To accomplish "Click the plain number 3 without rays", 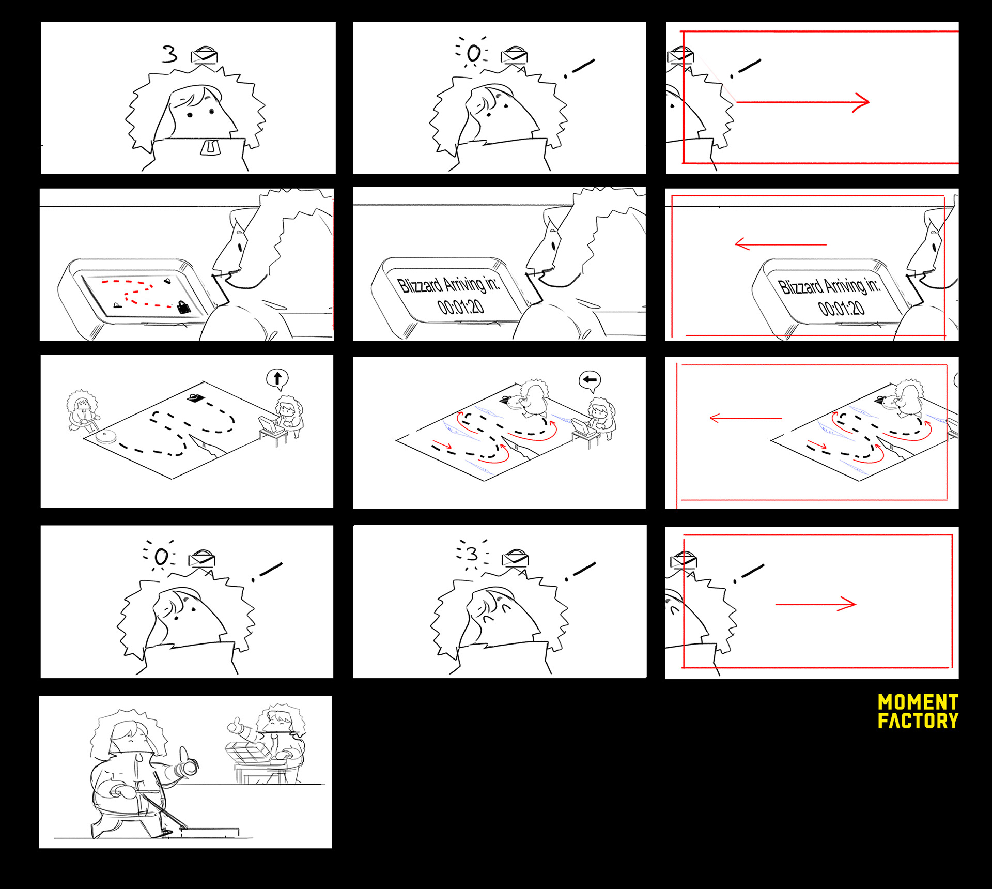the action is coord(169,54).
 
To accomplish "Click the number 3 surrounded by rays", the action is coord(471,554).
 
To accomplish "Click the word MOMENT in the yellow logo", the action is coord(918,702).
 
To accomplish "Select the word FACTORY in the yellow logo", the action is coord(918,721).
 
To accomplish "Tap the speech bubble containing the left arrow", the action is coord(590,380).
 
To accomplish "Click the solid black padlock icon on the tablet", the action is coord(183,307).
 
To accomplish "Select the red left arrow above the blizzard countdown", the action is coord(781,244).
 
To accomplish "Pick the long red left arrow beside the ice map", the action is coord(746,418).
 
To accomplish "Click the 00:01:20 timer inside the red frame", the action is coord(841,309).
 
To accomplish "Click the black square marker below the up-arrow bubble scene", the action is coord(195,398).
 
